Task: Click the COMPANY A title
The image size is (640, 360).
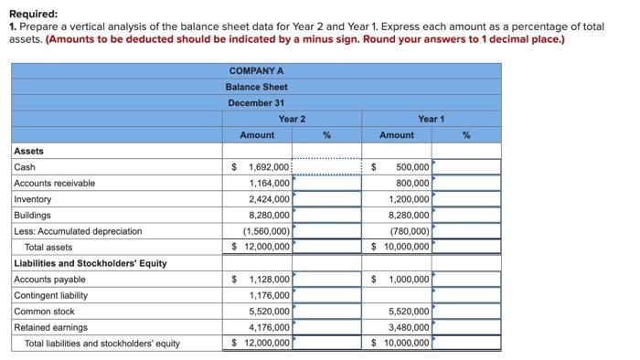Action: point(256,70)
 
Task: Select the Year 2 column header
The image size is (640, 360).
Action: point(292,119)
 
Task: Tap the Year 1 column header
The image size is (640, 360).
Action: point(431,119)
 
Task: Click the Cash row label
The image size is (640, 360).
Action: point(25,167)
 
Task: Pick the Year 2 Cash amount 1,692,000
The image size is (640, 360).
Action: point(269,167)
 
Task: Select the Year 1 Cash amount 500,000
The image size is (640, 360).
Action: point(412,167)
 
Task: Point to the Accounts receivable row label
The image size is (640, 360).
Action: point(54,183)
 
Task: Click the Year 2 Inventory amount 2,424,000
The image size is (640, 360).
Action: point(269,199)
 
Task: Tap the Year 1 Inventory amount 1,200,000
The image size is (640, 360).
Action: point(409,199)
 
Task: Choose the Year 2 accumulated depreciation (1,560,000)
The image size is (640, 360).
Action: point(269,231)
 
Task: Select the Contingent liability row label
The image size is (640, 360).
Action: point(51,295)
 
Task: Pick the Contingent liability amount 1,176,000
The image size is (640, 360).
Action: point(269,295)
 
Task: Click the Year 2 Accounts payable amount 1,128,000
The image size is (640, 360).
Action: point(269,279)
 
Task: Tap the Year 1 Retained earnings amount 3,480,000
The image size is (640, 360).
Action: point(409,327)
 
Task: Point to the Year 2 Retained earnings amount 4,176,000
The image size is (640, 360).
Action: point(269,327)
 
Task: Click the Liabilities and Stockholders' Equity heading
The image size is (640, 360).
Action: point(90,263)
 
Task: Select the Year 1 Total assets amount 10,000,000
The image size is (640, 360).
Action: point(406,247)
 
